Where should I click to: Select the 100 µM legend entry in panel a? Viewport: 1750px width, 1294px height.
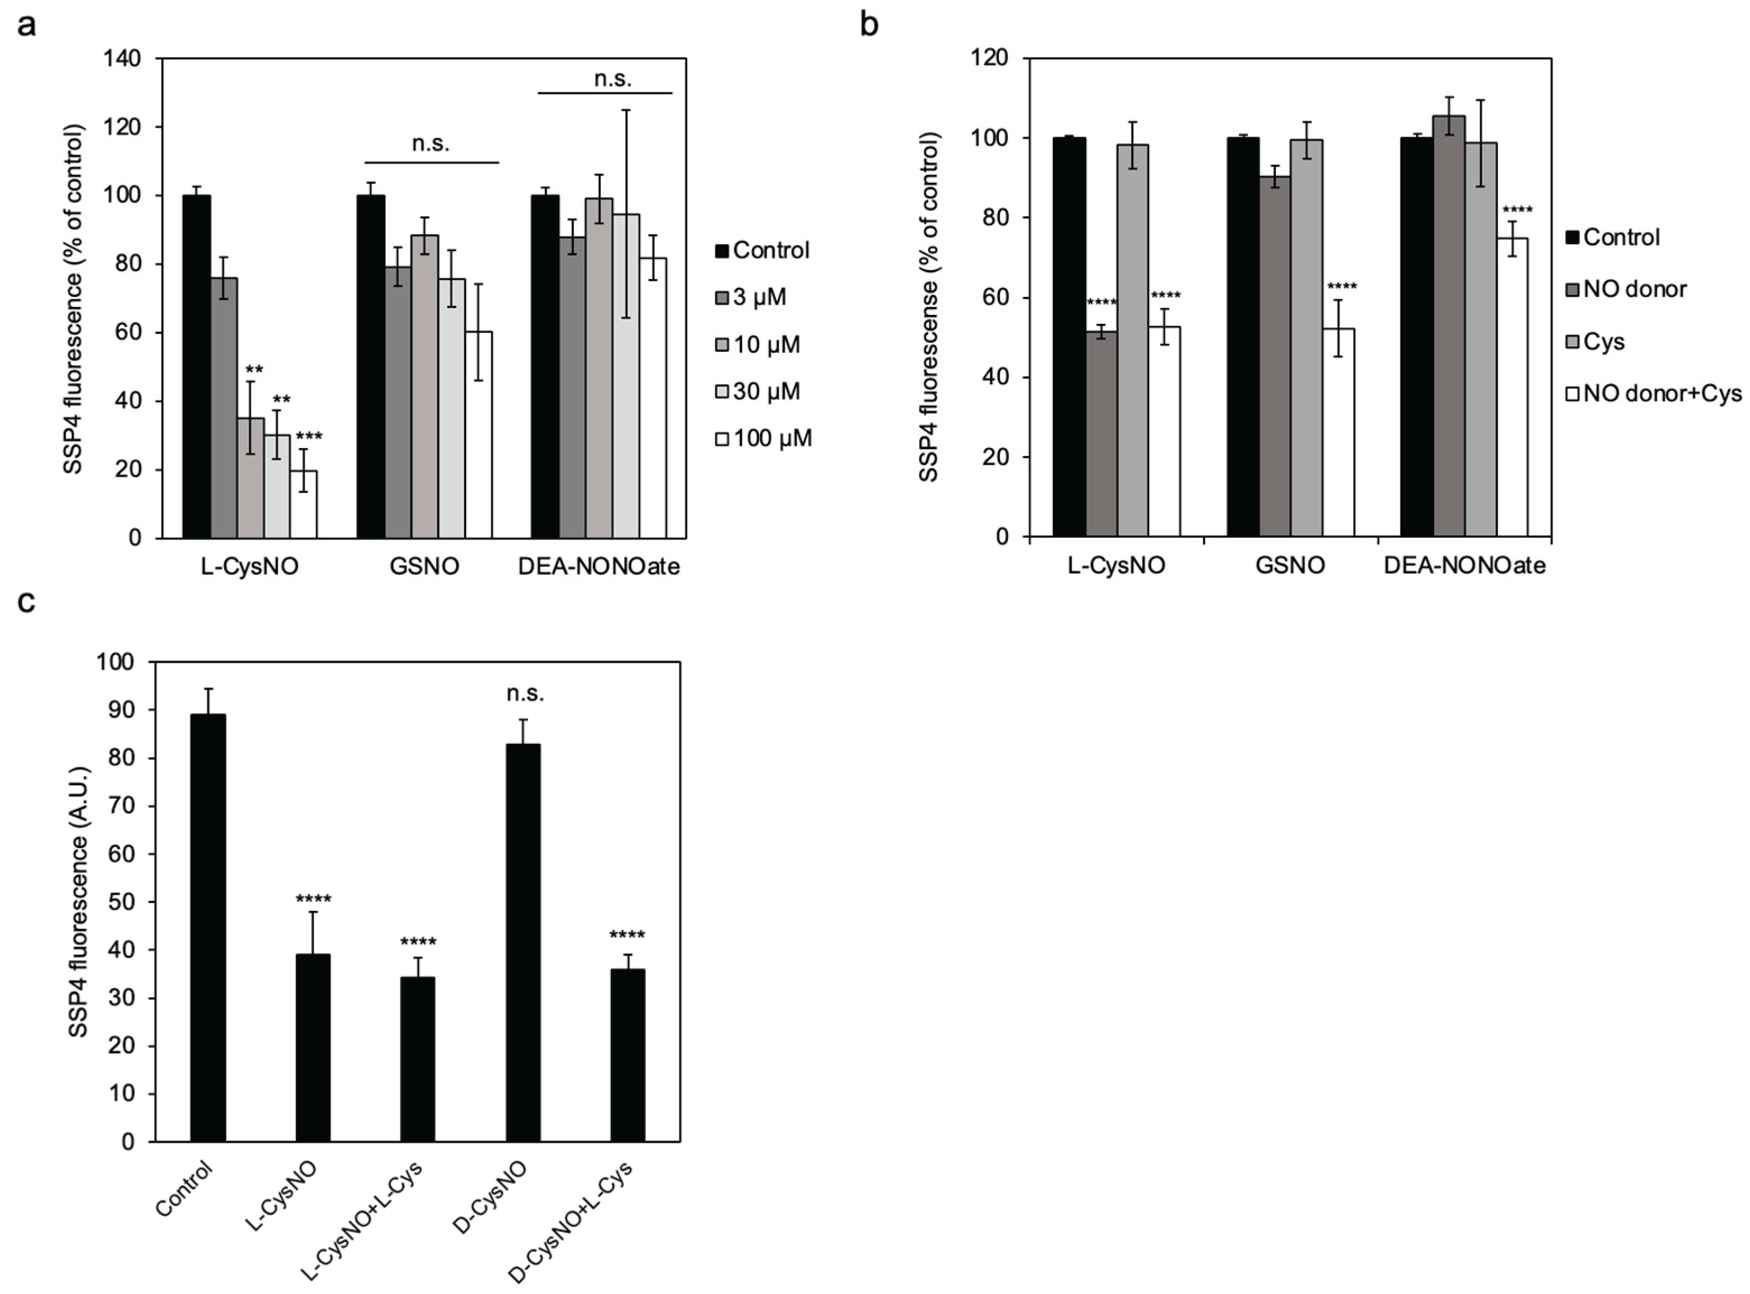(x=763, y=439)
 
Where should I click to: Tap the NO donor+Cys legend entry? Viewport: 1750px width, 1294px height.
(x=1653, y=394)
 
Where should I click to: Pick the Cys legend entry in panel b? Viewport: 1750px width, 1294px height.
(x=1595, y=342)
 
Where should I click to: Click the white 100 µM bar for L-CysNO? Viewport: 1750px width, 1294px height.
(x=304, y=505)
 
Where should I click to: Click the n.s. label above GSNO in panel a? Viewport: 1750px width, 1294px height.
(x=430, y=144)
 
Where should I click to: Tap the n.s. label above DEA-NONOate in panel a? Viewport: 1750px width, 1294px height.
(x=612, y=78)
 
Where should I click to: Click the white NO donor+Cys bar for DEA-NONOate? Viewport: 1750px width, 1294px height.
(x=1512, y=387)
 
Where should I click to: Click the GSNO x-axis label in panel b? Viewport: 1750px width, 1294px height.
(x=1290, y=566)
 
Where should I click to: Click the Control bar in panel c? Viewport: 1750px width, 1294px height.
(x=208, y=928)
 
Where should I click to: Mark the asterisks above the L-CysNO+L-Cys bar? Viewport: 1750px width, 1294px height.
(x=418, y=942)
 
